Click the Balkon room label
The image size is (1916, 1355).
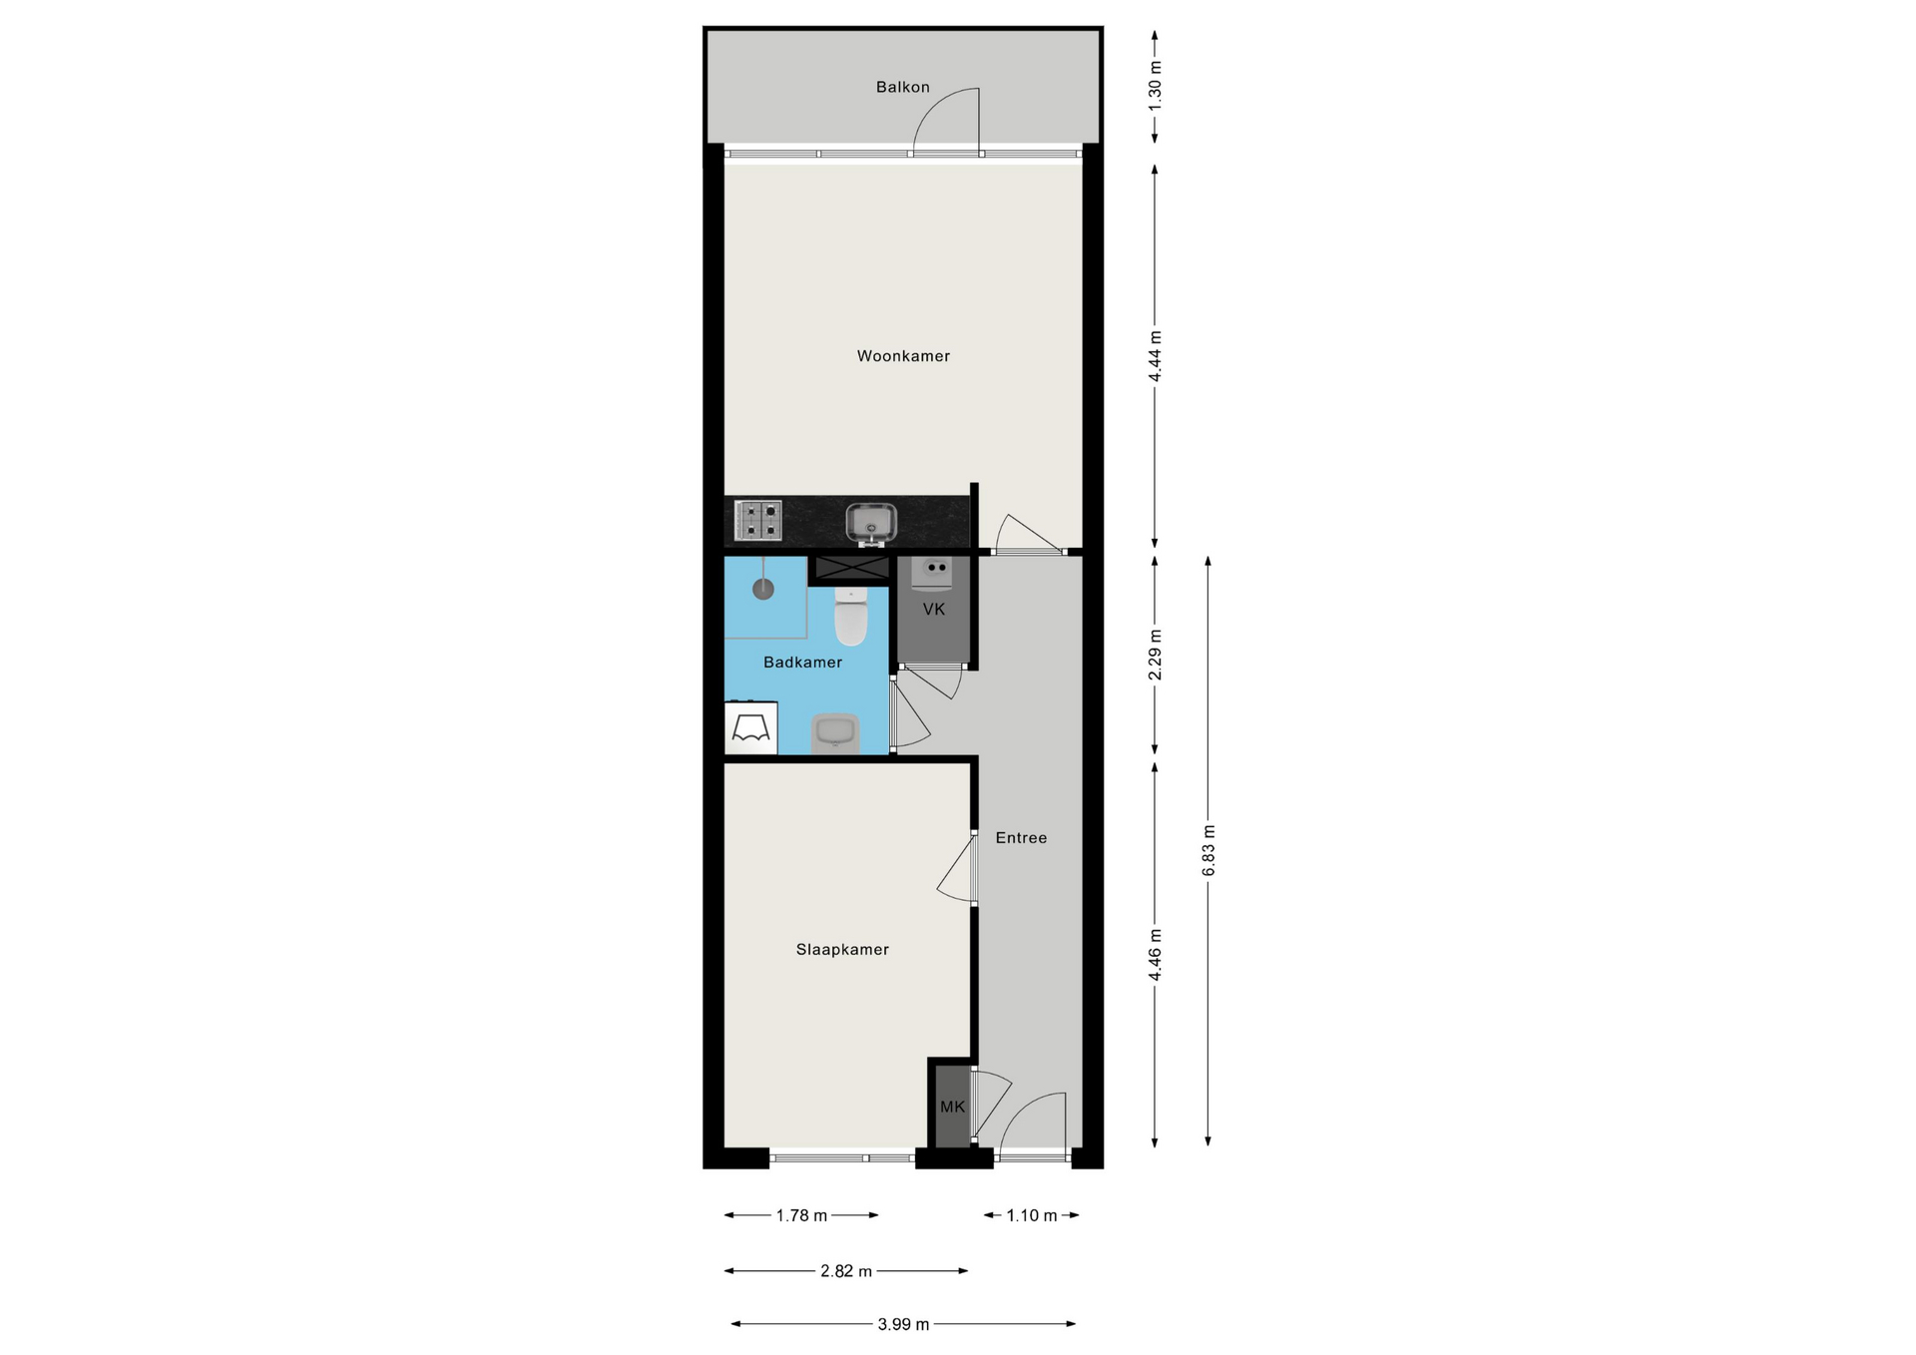coord(903,87)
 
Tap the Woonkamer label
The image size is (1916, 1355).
coord(903,355)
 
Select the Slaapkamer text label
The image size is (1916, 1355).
coord(842,949)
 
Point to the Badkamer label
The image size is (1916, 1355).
coord(802,662)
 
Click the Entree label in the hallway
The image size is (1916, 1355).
coord(1021,837)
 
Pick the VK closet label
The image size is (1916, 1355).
coord(934,609)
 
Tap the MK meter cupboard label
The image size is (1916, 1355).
coord(953,1106)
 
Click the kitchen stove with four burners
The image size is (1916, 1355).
coord(758,521)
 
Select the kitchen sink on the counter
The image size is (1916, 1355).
coord(871,523)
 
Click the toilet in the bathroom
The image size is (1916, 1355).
coord(851,616)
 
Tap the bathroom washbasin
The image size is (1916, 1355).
coord(834,733)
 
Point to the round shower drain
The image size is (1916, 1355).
coord(763,589)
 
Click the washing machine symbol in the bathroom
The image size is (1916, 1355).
coord(751,727)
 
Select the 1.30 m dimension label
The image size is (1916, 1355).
coord(1155,86)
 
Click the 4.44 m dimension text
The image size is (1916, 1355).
coord(1155,356)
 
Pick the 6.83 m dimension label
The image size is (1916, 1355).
coord(1207,850)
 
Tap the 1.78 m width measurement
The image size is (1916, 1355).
coord(802,1215)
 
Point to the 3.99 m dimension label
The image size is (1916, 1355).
coord(903,1324)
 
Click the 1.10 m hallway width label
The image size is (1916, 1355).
coord(1032,1215)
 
